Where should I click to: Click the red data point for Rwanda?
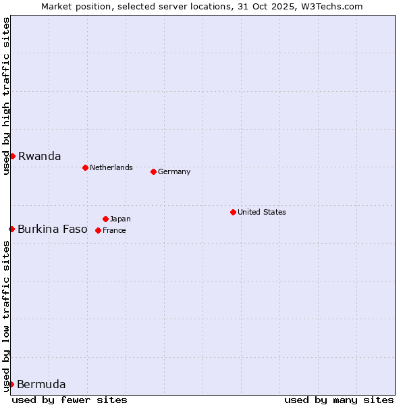point(12,156)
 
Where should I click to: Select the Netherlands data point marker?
point(85,167)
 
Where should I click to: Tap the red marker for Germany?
point(153,171)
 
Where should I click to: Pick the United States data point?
point(233,212)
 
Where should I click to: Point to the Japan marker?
point(105,219)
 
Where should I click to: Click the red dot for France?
point(98,230)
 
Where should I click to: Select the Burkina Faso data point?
point(11,229)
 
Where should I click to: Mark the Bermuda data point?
point(11,384)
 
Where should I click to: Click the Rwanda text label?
point(39,156)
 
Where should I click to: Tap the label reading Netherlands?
point(111,167)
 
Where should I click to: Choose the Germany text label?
point(174,171)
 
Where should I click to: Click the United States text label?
point(262,212)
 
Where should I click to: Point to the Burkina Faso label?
point(53,229)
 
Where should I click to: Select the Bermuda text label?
point(41,385)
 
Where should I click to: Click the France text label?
point(114,230)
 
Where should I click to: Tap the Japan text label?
point(120,219)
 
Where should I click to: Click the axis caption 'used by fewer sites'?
point(70,400)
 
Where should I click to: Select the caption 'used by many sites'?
point(339,400)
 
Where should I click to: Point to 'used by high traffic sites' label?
point(6,97)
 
